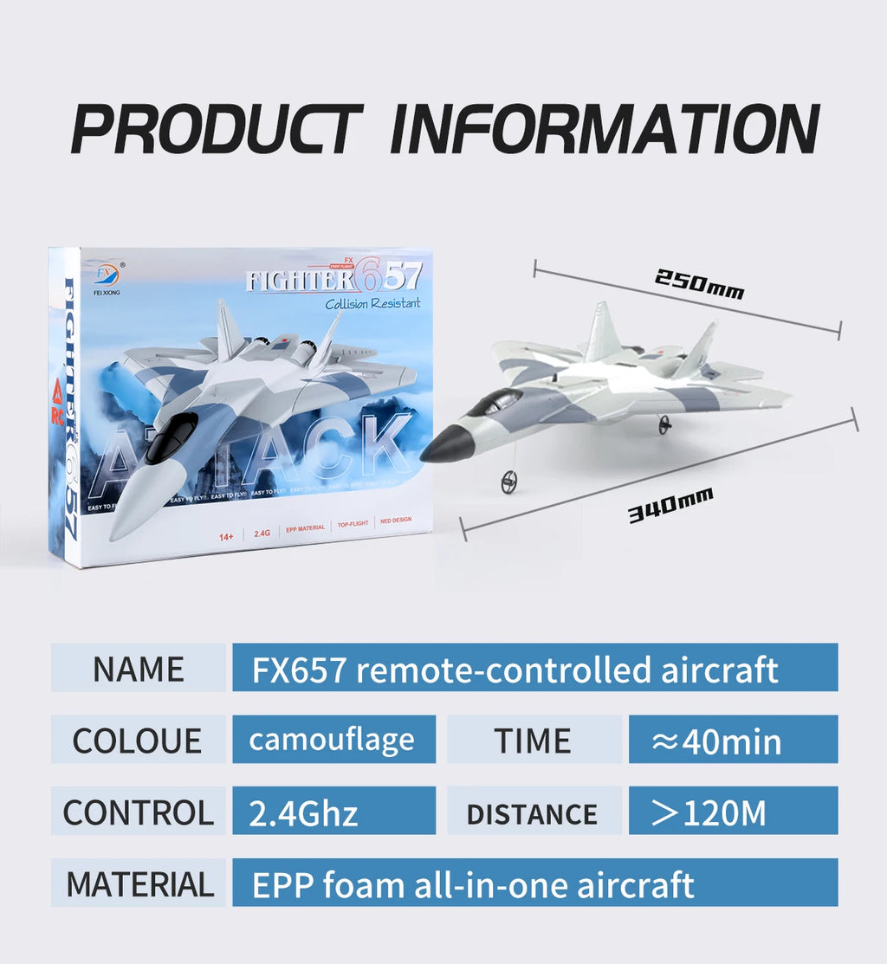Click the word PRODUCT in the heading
(x=216, y=129)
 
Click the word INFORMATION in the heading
(x=604, y=129)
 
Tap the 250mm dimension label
(x=698, y=284)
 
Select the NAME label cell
(x=139, y=668)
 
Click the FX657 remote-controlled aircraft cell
(x=534, y=668)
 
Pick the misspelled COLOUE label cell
(x=139, y=740)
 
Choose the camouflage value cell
(x=333, y=740)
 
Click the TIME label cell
(x=534, y=740)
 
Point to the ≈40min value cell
(x=733, y=740)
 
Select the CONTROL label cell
(x=139, y=812)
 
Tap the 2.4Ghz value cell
(x=333, y=812)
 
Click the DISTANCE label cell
(x=534, y=812)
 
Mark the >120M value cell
(x=733, y=812)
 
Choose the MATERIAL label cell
(x=139, y=883)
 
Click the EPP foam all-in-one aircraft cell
(x=534, y=883)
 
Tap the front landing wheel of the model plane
(x=509, y=482)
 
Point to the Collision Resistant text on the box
(x=372, y=303)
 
